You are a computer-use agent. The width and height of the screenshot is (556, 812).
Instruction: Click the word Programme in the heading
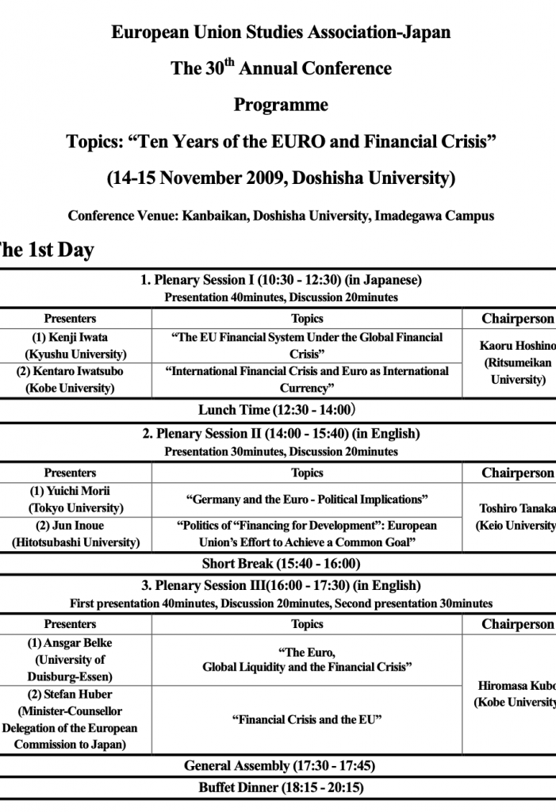281,105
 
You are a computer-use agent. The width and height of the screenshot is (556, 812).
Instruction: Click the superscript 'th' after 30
230,62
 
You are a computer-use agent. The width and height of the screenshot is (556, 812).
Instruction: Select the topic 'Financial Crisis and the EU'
307,720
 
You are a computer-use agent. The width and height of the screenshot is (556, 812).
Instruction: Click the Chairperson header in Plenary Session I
518,319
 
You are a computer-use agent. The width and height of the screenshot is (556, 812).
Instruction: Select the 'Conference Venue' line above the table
281,216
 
